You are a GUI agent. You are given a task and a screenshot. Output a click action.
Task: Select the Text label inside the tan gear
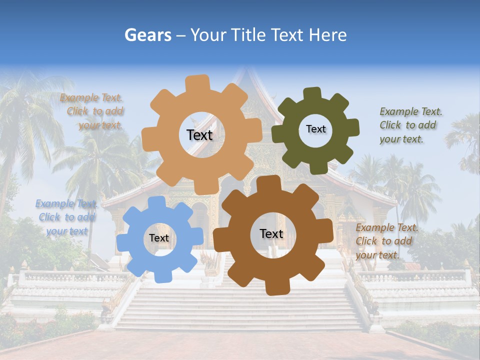[x=199, y=135]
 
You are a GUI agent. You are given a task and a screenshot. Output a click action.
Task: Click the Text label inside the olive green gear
[x=315, y=129]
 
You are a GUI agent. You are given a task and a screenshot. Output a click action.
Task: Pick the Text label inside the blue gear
[x=159, y=238]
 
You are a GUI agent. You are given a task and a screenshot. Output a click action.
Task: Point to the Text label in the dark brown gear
[x=271, y=233]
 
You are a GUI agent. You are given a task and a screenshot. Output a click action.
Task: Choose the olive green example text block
[x=410, y=125]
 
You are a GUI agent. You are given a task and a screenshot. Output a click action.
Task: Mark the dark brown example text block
[x=386, y=241]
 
